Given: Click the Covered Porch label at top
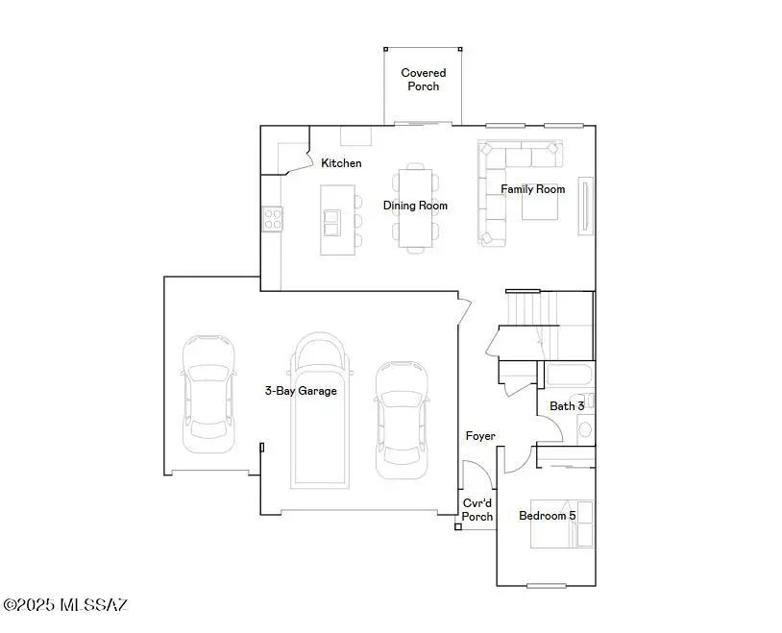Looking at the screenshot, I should [423, 79].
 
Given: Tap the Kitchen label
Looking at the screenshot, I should [341, 163].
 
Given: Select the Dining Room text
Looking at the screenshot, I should [415, 206].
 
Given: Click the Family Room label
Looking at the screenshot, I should [532, 189].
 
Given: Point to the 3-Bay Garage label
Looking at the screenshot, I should [301, 391].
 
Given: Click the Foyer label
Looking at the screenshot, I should [480, 436].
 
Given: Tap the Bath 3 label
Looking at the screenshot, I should [567, 406].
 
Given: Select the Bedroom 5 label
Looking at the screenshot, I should [547, 516].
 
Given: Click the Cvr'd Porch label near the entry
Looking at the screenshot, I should [477, 510].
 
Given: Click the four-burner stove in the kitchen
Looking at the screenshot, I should [272, 219].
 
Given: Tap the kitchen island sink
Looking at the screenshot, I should [332, 222].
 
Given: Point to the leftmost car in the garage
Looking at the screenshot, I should [208, 394].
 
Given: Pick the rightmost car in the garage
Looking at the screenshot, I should [400, 419].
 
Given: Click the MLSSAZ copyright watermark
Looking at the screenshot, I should [64, 605].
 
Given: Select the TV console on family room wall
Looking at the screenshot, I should [584, 206].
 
